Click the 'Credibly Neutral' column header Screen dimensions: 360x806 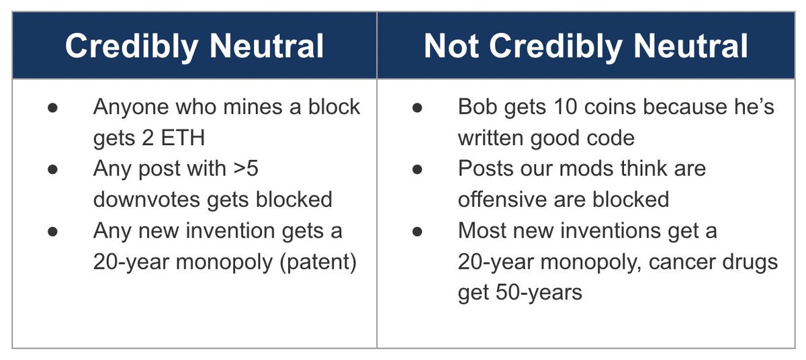pyautogui.click(x=194, y=46)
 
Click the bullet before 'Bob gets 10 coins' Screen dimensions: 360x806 pyautogui.click(x=417, y=107)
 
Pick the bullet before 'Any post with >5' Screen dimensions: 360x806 pyautogui.click(x=52, y=169)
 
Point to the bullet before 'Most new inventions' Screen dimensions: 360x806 pyautogui.click(x=417, y=231)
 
